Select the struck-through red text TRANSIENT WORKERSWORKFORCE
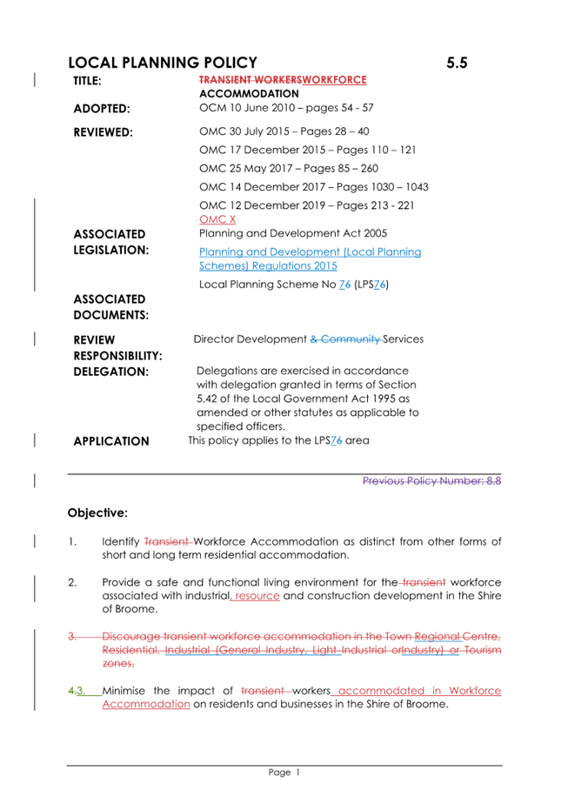coord(283,79)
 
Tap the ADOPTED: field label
coord(102,109)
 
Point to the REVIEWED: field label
coord(103,133)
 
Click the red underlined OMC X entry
coord(217,219)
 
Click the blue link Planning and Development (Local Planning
coord(310,252)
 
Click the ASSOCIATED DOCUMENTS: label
coord(109,306)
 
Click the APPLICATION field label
coord(111,441)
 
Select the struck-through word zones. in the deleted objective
coord(120,662)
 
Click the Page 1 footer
coord(284,772)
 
